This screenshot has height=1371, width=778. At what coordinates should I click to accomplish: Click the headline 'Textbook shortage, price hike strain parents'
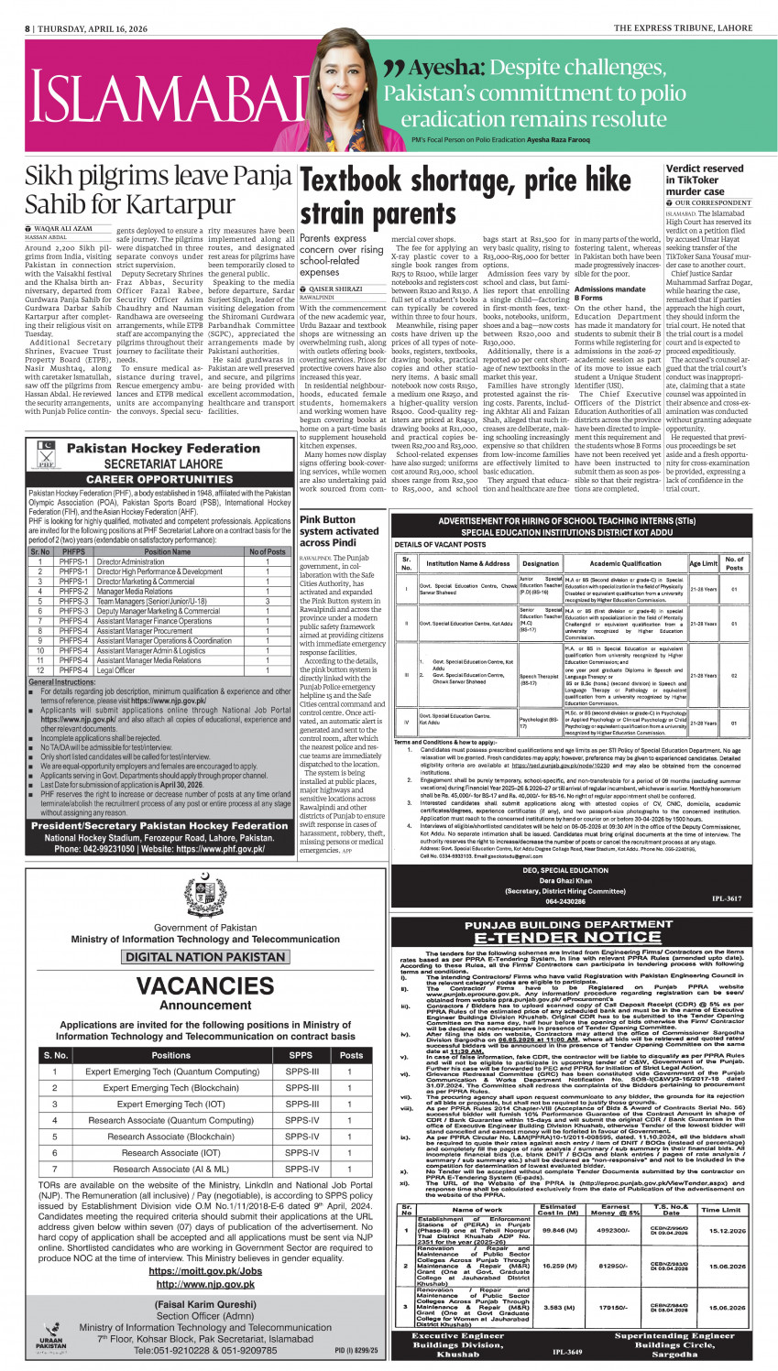[466, 196]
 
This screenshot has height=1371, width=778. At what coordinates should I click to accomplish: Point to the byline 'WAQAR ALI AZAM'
[62, 228]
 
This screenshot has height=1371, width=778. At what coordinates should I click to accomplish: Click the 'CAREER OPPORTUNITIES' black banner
[159, 478]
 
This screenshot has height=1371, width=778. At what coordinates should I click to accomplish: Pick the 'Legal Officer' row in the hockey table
[115, 670]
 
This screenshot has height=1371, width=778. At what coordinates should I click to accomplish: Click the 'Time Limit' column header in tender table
[718, 1210]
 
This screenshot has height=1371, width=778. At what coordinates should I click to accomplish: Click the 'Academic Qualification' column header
[625, 563]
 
